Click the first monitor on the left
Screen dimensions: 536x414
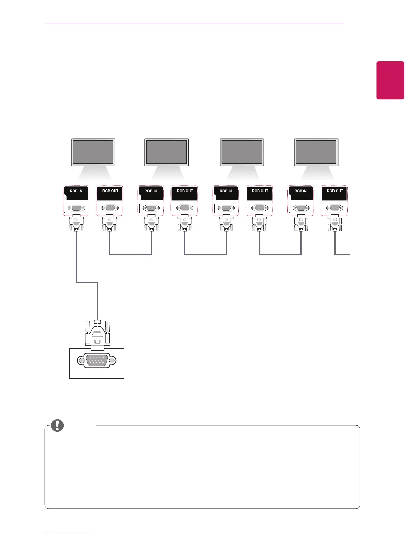tap(93, 152)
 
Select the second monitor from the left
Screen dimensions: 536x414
tap(166, 152)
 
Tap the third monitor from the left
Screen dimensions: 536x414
tap(241, 152)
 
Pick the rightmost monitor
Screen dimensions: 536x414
tap(316, 152)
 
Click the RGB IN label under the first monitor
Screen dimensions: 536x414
tap(76, 191)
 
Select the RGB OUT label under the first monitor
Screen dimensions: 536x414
tap(110, 191)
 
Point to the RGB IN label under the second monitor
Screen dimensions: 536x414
tap(151, 191)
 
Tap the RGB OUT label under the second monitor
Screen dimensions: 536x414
tap(185, 191)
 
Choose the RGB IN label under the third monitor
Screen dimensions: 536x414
tap(226, 191)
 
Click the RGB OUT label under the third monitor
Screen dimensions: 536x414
tap(260, 191)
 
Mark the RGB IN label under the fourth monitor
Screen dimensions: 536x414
tap(300, 191)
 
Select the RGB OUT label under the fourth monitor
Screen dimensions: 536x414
tap(335, 191)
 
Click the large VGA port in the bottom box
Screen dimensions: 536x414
tap(97, 360)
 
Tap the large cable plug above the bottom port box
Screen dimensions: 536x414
tap(97, 335)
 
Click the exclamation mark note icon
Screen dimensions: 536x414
tap(57, 425)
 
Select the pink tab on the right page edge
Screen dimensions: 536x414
tap(390, 80)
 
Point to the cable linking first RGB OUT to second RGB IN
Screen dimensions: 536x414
tap(131, 254)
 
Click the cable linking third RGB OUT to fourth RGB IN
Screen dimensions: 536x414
tap(280, 254)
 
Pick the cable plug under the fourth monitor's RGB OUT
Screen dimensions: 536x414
tap(335, 223)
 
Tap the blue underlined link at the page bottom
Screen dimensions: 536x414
tap(67, 533)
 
